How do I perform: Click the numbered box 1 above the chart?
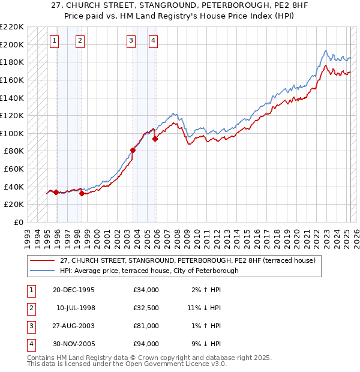55,41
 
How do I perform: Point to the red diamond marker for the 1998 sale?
82,193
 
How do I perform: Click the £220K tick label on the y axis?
12,27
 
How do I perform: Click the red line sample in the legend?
42,260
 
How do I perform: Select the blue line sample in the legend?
42,271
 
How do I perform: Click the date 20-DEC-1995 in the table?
73,290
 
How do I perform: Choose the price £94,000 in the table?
146,344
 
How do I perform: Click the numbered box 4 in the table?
30,344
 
